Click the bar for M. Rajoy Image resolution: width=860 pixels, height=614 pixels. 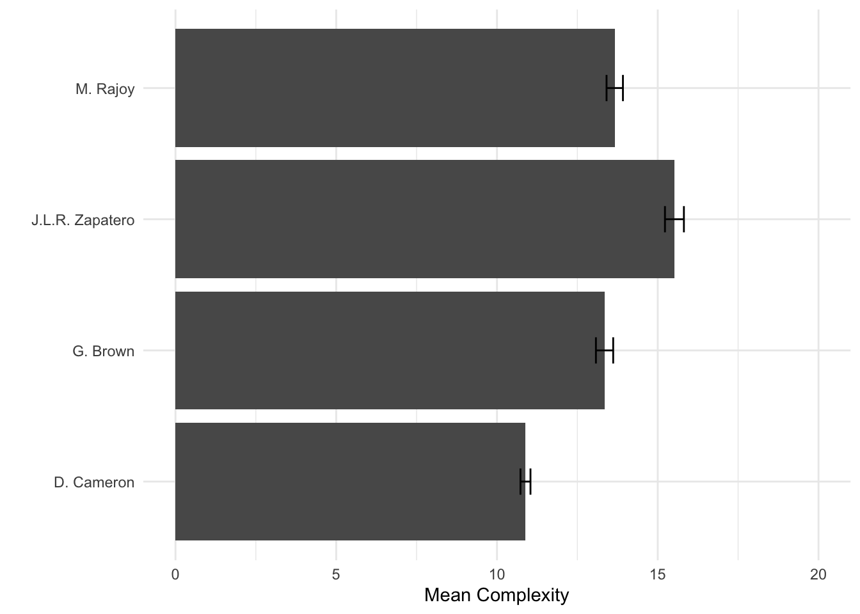(395, 88)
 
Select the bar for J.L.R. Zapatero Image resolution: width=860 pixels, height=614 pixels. (424, 219)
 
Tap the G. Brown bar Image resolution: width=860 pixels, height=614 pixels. (390, 350)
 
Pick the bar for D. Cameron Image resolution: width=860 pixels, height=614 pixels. (350, 481)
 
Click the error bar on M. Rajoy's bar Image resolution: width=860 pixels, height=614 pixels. (614, 88)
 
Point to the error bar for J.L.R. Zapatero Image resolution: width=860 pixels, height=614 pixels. (674, 219)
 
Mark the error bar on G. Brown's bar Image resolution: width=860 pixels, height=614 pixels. (604, 350)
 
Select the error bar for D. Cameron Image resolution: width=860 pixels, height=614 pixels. (525, 481)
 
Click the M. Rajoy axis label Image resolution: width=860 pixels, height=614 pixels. (105, 89)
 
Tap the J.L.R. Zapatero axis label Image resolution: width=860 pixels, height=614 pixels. (83, 221)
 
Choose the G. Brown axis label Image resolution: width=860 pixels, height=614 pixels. (104, 351)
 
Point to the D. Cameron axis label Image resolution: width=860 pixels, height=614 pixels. (94, 482)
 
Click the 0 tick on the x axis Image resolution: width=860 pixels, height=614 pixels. (175, 575)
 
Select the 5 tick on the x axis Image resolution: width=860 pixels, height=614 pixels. (336, 575)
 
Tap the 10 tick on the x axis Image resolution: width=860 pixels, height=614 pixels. (497, 575)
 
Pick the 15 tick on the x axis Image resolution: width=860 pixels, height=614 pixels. (657, 575)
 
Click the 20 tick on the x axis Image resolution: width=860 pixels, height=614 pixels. (818, 575)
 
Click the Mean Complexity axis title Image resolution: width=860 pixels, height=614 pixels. (496, 595)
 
